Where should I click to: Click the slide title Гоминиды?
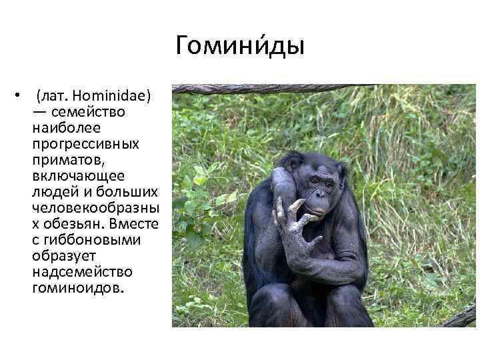click(x=240, y=46)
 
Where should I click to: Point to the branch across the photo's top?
click(x=267, y=89)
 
